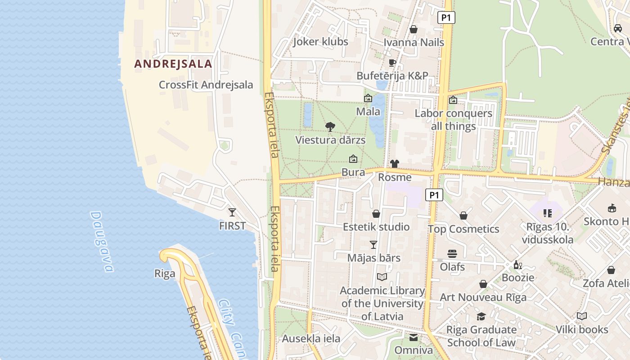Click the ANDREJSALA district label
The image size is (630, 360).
[173, 64]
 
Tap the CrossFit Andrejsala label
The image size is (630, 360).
[206, 85]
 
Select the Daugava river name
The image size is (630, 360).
[101, 241]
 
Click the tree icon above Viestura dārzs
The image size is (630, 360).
[330, 127]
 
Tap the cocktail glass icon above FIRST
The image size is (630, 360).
[232, 212]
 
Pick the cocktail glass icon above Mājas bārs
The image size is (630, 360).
[373, 244]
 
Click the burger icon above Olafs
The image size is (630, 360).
[452, 254]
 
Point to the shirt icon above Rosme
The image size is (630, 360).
[395, 164]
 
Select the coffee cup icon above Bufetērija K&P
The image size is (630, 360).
[392, 62]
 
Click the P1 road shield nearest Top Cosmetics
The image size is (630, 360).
[434, 195]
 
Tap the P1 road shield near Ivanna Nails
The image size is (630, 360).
[446, 18]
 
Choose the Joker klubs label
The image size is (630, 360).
[320, 41]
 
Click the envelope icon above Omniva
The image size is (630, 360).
[414, 337]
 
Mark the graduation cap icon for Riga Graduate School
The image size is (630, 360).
[481, 316]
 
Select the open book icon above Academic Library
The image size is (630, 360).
[382, 277]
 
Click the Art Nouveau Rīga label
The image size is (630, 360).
[483, 297]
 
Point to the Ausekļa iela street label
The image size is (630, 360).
[311, 338]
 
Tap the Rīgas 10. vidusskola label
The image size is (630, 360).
[547, 233]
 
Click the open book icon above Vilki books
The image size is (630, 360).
[582, 316]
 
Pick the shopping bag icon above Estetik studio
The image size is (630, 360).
[376, 214]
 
